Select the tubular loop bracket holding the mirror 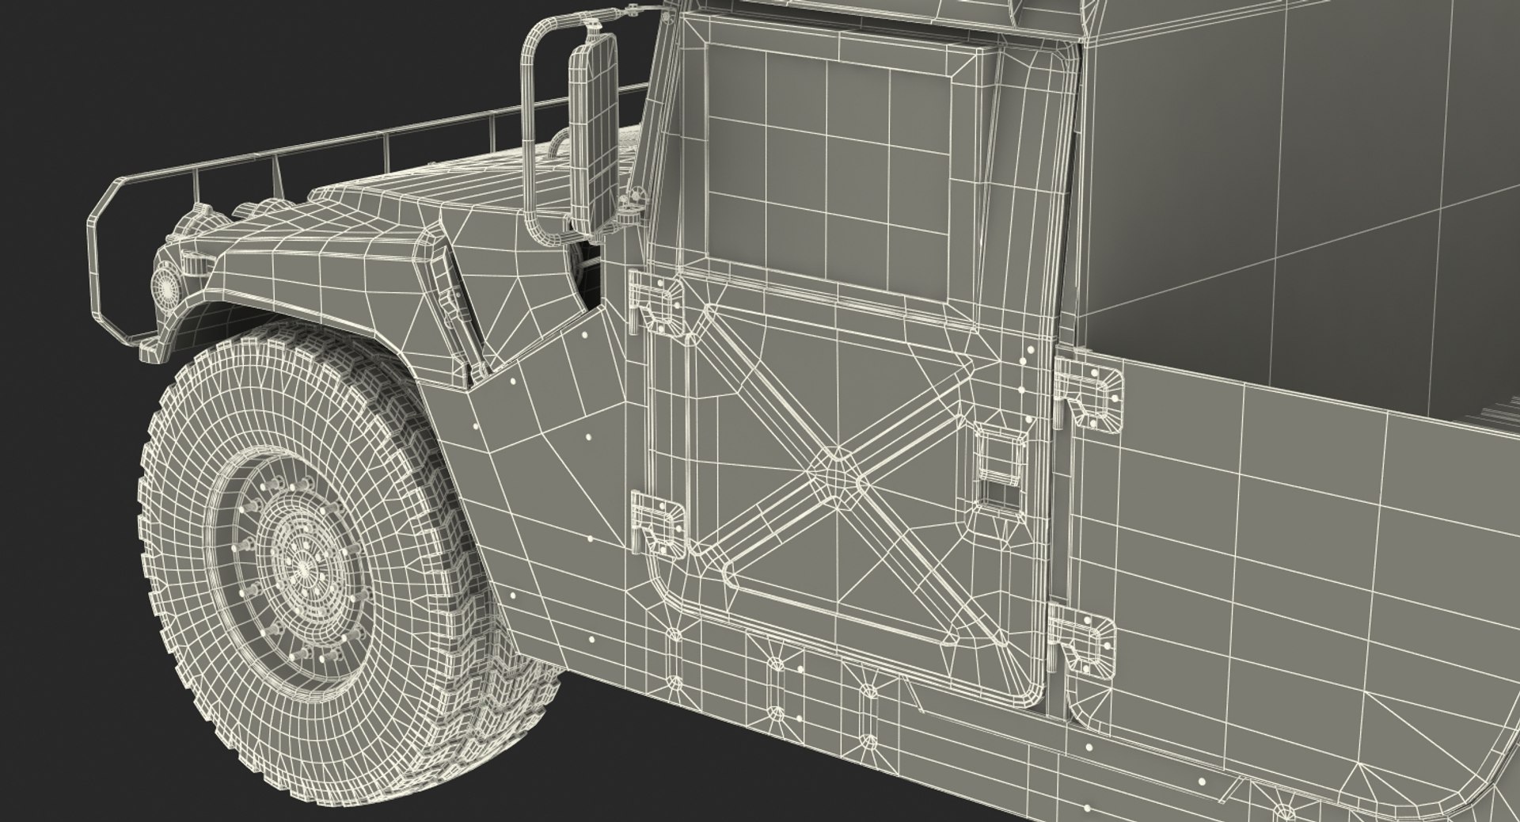click(528, 119)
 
